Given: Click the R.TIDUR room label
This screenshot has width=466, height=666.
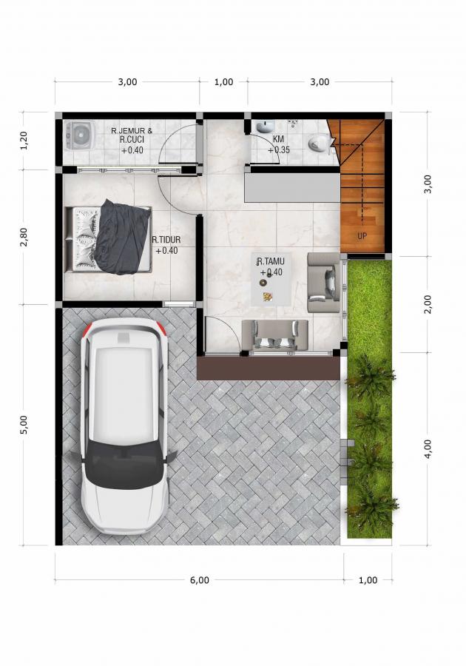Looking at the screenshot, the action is click(x=166, y=240).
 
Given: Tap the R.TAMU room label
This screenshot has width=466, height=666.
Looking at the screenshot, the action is click(x=270, y=260).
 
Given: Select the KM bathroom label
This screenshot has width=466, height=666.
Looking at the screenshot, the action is click(x=278, y=139).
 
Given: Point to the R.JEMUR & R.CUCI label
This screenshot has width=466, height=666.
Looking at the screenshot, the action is click(x=132, y=135).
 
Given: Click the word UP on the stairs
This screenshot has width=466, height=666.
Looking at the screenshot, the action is click(x=362, y=236).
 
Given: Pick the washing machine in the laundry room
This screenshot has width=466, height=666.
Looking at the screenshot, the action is click(x=78, y=135).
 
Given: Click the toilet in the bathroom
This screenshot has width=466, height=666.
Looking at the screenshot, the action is click(x=319, y=143).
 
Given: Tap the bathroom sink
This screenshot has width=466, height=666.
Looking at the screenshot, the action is click(x=266, y=126).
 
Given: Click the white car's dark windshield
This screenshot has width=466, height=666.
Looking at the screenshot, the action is click(x=125, y=464).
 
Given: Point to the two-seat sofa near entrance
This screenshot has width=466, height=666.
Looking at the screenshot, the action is click(x=274, y=335).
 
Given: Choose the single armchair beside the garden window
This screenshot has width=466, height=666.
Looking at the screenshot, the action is click(x=323, y=283).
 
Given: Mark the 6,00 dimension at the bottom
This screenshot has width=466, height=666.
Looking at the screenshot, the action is click(x=200, y=579).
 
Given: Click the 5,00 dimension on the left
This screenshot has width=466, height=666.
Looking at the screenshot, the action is click(x=24, y=425).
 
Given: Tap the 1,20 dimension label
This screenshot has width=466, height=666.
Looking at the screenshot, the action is click(x=24, y=141).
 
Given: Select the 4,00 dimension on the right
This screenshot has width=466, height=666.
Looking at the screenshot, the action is click(x=428, y=448).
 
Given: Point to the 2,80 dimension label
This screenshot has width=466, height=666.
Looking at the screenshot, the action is click(x=24, y=237).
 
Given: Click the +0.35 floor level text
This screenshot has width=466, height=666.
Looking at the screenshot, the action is click(x=278, y=149).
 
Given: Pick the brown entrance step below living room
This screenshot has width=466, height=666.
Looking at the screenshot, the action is click(x=269, y=369).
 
